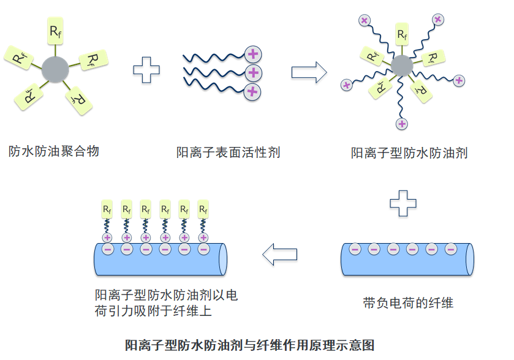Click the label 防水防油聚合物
tap(54, 151)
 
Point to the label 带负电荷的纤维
tap(408, 302)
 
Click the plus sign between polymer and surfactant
tap(146, 70)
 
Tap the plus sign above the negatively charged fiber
tap(403, 203)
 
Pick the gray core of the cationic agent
tap(402, 66)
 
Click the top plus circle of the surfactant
tap(252, 54)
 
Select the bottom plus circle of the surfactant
tap(252, 92)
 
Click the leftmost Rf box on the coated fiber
tap(107, 209)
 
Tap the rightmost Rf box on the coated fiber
tap(203, 209)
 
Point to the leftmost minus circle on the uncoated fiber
tap(354, 249)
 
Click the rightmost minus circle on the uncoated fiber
tap(450, 249)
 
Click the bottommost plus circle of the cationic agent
tap(402, 124)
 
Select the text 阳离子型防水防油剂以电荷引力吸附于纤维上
tap(166, 303)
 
